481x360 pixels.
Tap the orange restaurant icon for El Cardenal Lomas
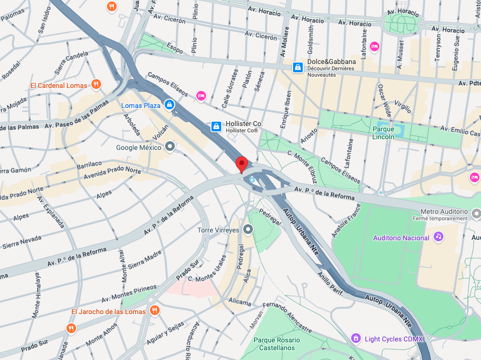pos(96,85)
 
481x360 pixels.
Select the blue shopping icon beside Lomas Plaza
pos(169,105)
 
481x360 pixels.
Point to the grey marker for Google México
pos(170,147)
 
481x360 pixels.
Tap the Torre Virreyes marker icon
pos(248,229)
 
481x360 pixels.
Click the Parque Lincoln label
pos(383,133)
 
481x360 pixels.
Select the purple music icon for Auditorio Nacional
pos(439,237)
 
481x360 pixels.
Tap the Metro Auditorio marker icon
pos(477,212)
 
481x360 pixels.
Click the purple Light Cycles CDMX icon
pos(356,339)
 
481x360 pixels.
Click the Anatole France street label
pos(343,220)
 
